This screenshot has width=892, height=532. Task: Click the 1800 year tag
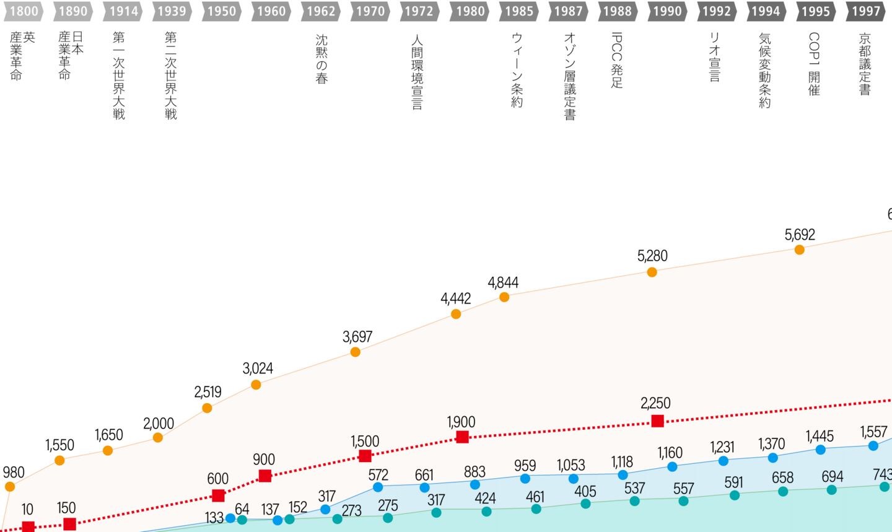click(x=24, y=11)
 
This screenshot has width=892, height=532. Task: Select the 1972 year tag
click(x=419, y=11)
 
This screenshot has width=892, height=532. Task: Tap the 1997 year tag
click(x=865, y=11)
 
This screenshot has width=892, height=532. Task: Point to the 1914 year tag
click(x=123, y=11)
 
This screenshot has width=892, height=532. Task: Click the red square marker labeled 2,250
click(x=658, y=421)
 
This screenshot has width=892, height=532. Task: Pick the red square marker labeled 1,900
click(x=462, y=437)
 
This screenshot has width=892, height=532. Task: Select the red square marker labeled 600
click(x=218, y=495)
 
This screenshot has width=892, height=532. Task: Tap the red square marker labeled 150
click(x=70, y=524)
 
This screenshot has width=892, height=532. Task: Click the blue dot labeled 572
click(x=378, y=487)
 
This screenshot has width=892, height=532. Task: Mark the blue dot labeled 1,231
click(x=723, y=461)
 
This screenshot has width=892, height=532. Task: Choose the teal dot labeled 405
click(x=585, y=504)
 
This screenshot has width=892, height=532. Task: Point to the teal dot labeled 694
click(x=832, y=490)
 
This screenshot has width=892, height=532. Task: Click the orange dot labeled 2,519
click(x=207, y=408)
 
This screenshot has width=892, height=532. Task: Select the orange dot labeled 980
click(x=9, y=487)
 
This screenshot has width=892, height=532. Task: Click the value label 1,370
click(x=771, y=444)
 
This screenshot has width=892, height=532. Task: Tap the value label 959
click(x=525, y=465)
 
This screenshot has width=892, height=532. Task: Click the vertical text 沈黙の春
click(x=321, y=59)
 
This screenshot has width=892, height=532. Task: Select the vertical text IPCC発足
click(x=617, y=60)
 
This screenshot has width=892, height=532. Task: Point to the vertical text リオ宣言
click(x=715, y=57)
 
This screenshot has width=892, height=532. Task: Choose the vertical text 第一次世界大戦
click(x=118, y=76)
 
